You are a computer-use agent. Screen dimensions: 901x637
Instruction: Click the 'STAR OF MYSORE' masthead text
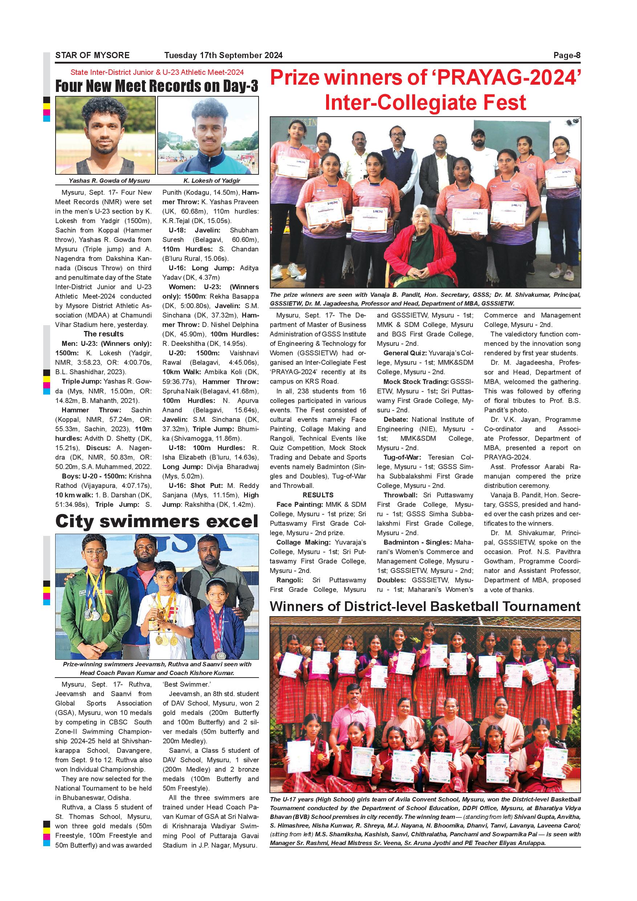point(92,55)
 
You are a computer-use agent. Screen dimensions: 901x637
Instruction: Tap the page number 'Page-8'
point(567,55)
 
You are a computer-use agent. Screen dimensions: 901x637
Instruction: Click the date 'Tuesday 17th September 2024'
point(223,55)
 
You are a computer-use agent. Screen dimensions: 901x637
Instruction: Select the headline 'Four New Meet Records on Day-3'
point(157,86)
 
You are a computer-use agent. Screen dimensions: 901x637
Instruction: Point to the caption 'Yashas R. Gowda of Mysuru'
point(109,181)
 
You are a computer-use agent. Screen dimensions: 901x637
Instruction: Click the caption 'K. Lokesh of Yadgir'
point(211,181)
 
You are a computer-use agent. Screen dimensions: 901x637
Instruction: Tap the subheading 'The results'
point(104,334)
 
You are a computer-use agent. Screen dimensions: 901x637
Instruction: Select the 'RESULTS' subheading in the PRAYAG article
point(318,495)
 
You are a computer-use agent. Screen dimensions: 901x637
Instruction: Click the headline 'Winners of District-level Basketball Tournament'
point(425,606)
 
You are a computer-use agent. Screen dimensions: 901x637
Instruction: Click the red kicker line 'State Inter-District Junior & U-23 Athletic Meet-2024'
point(157,72)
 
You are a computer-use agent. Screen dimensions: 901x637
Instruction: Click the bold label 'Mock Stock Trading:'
point(415,381)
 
